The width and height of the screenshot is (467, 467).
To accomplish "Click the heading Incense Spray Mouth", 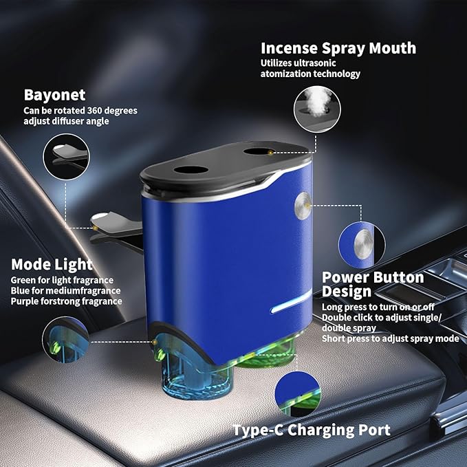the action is coord(338,49).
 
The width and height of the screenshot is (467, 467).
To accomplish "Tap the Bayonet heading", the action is coord(55,96).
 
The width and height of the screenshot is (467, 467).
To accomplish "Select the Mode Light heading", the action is coord(52,265).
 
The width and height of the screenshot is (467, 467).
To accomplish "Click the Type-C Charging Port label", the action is coord(312,430).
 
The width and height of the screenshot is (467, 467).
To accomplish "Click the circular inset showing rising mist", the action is coord(317,109).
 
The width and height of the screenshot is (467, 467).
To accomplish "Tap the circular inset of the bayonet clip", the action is coord(67,157).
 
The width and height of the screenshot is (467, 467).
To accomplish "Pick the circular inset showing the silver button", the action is coord(362,245).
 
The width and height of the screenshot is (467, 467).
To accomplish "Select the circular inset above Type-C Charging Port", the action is coord(298,394).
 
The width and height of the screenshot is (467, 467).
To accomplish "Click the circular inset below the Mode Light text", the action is coord(66,340).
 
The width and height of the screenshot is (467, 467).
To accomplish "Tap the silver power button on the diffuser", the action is coord(303,206).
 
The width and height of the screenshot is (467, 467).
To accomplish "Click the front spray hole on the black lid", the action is coord(191,170).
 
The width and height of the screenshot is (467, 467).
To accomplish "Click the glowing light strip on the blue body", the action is coord(291,302).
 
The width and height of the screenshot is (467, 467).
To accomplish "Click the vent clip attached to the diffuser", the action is coord(117,230).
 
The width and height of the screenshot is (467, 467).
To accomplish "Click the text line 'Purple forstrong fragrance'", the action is coord(67,301).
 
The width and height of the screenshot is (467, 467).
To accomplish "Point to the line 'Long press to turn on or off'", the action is coord(378,307).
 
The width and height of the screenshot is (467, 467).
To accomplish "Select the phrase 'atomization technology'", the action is coord(310,74).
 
